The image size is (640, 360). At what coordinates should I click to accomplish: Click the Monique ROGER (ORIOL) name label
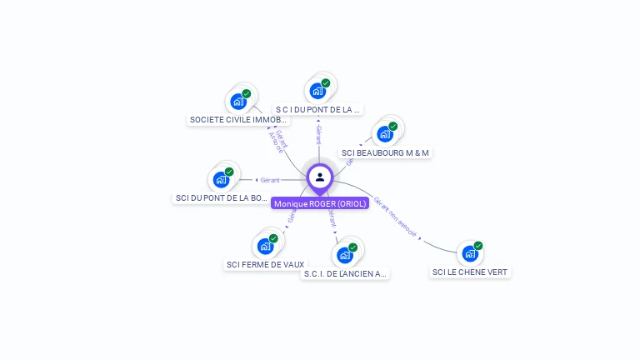click(320, 203)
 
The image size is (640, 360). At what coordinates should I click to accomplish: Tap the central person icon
click(320, 177)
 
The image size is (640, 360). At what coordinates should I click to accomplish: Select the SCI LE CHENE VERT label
click(470, 272)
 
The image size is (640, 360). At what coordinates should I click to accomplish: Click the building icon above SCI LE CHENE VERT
click(470, 253)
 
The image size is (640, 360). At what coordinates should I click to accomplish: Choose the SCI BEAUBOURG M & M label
click(386, 153)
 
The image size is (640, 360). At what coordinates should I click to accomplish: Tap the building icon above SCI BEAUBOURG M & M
click(385, 133)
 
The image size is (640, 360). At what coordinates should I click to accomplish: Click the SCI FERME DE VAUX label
click(265, 265)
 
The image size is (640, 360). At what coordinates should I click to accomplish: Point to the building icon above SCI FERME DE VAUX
click(265, 246)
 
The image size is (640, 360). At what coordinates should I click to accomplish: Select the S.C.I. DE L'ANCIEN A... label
click(345, 274)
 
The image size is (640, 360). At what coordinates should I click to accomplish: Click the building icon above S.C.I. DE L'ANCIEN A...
click(345, 255)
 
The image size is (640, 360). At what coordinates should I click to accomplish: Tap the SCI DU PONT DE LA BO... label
click(222, 198)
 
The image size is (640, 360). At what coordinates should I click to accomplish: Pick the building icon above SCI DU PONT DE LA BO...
click(221, 179)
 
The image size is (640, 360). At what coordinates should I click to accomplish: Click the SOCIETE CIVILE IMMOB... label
click(239, 120)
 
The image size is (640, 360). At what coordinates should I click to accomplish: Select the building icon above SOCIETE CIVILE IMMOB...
click(239, 102)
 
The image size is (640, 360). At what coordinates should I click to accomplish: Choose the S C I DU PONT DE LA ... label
click(317, 109)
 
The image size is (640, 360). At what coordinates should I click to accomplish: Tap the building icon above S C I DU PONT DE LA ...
click(317, 91)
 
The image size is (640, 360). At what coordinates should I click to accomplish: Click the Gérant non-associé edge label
click(395, 217)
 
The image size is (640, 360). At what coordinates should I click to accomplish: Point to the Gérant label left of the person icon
click(270, 180)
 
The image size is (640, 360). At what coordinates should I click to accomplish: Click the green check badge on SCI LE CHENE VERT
click(478, 246)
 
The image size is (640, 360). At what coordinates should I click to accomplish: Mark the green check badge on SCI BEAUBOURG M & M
click(393, 126)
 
